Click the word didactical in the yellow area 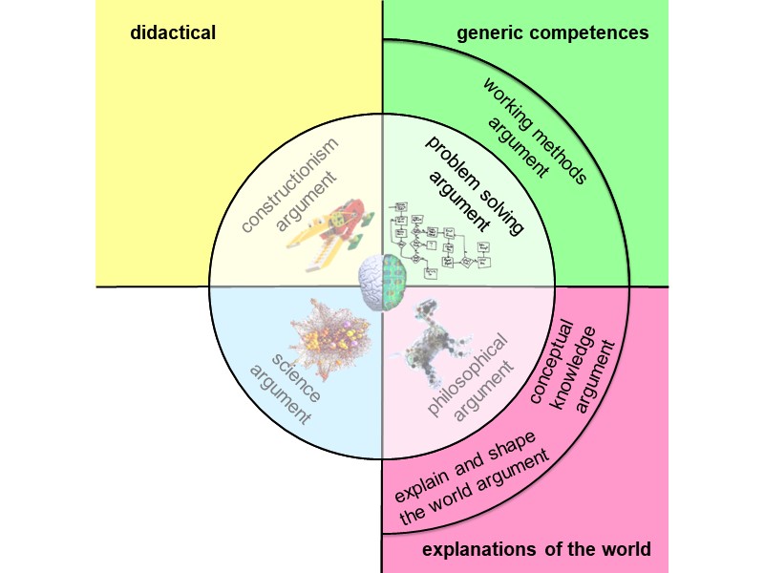173,33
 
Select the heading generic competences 553,33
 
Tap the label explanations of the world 536,549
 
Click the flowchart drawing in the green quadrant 442,239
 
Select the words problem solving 474,180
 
